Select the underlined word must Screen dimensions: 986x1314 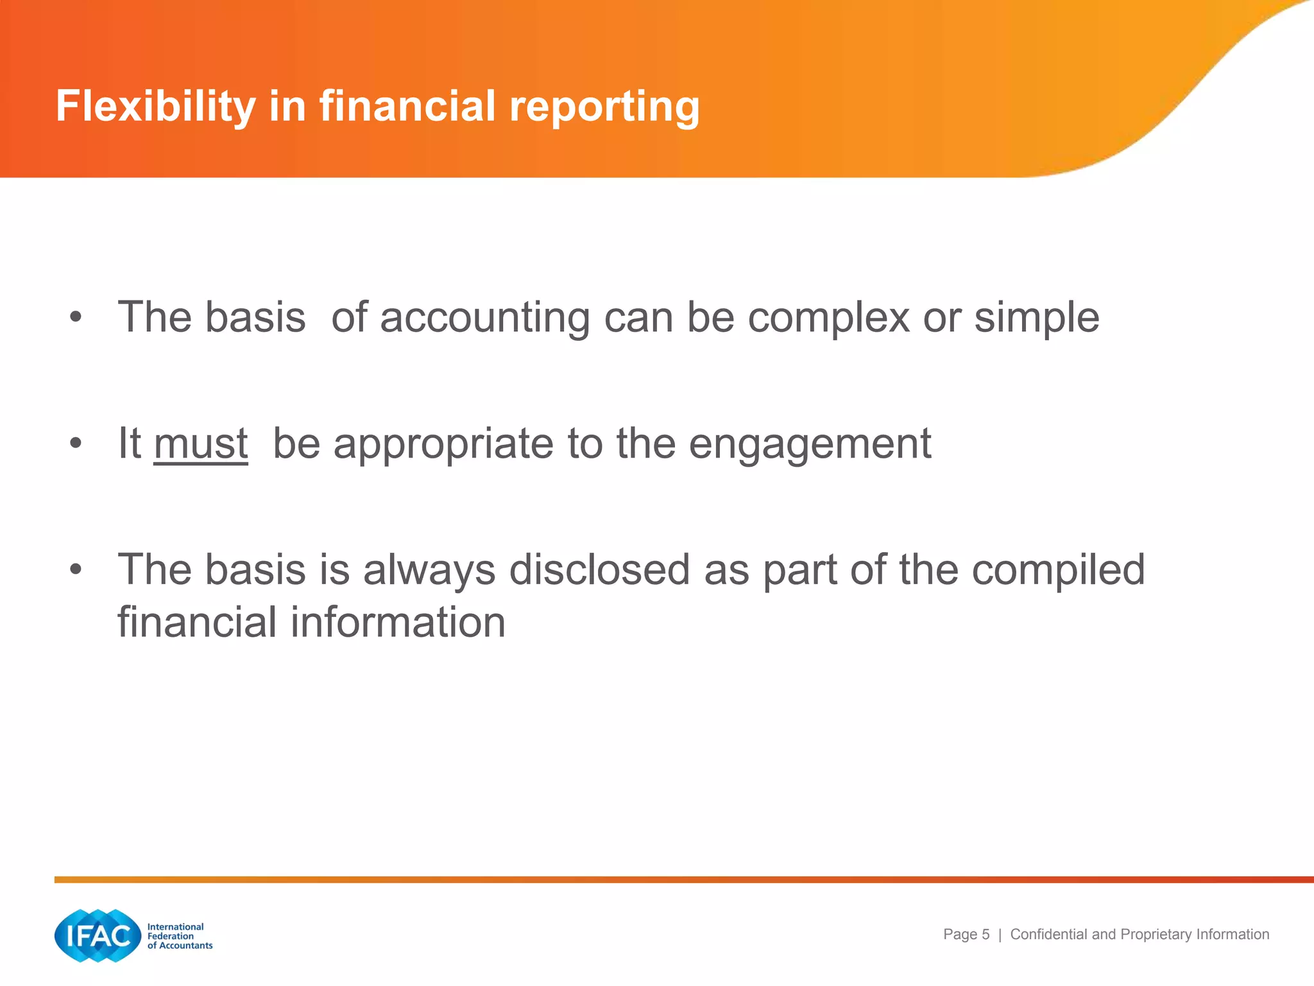click(201, 444)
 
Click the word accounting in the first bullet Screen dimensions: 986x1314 click(484, 318)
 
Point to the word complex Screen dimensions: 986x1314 click(828, 318)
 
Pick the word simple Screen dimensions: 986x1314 click(1037, 318)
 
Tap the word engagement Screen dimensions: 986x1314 click(810, 444)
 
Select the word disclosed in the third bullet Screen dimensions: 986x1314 click(599, 569)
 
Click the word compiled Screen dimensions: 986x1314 click(1058, 569)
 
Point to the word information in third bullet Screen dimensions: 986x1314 click(398, 622)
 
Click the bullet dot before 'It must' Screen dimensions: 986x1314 click(76, 443)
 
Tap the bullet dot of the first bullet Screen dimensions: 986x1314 click(76, 316)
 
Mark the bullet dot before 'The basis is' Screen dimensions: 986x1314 click(76, 569)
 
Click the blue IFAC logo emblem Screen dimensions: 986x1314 click(98, 935)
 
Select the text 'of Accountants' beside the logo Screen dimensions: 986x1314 click(180, 946)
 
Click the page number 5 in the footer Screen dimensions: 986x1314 click(985, 935)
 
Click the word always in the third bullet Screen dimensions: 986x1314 click(429, 569)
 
